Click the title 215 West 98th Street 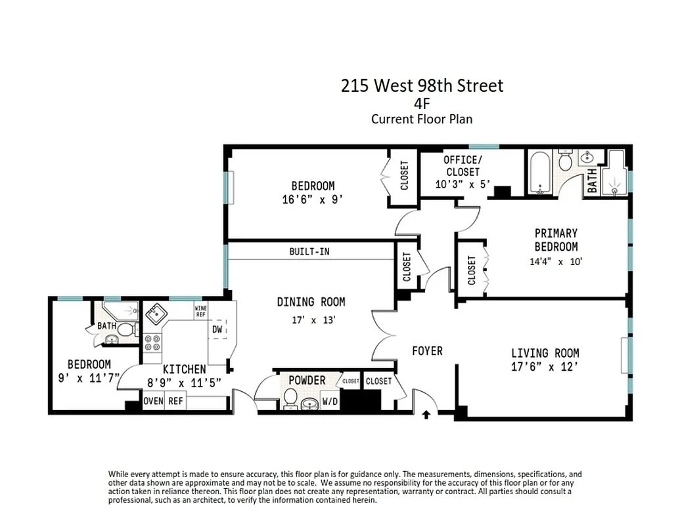[422, 86]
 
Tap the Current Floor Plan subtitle [422, 119]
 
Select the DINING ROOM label [311, 302]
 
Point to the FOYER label [427, 351]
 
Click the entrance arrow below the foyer [426, 414]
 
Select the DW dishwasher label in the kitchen [217, 329]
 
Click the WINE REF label [200, 310]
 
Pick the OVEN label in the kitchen [153, 401]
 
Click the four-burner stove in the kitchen [152, 343]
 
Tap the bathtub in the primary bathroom [539, 173]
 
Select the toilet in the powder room [290, 398]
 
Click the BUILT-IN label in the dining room [309, 251]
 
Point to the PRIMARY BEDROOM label [556, 240]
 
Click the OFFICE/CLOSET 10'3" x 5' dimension [463, 184]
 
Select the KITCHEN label [184, 369]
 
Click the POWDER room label [307, 381]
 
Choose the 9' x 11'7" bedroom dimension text [88, 379]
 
